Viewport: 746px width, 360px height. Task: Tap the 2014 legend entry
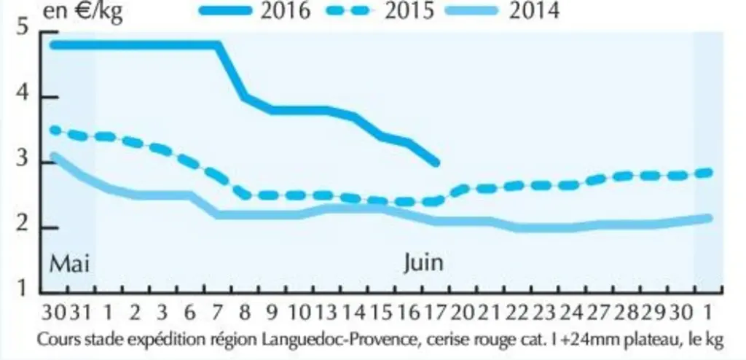click(x=503, y=11)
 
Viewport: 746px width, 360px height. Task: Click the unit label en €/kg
click(x=82, y=12)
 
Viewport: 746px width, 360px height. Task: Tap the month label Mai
click(x=69, y=263)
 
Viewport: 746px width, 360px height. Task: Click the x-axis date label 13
click(x=326, y=313)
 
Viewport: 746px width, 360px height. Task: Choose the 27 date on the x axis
click(x=598, y=313)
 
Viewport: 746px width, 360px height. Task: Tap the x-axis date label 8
click(x=245, y=313)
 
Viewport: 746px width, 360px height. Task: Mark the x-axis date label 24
click(x=570, y=313)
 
